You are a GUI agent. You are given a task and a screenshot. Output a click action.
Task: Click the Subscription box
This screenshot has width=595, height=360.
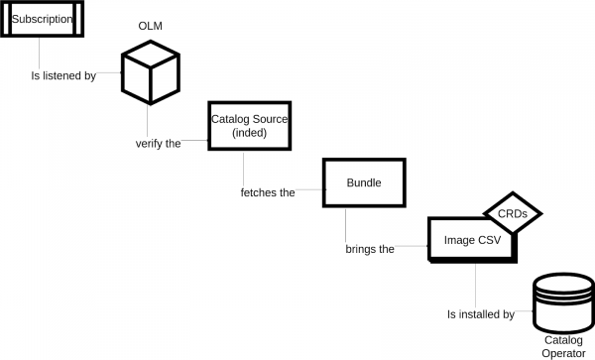coord(42,20)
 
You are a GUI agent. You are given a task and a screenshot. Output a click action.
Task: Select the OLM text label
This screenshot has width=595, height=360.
coord(152,24)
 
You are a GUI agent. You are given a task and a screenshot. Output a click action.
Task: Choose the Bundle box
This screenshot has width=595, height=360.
coord(363,182)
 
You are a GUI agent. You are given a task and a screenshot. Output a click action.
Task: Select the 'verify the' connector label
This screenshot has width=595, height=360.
coord(158,143)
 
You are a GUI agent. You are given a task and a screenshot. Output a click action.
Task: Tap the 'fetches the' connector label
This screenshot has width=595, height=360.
coord(268,192)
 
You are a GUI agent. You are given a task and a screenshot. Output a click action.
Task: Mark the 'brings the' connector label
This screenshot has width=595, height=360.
coord(370,249)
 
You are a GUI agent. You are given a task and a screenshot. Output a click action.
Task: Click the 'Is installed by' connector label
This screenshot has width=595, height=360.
coord(480,314)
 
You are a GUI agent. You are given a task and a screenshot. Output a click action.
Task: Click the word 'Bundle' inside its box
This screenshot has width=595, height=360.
coord(363,182)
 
